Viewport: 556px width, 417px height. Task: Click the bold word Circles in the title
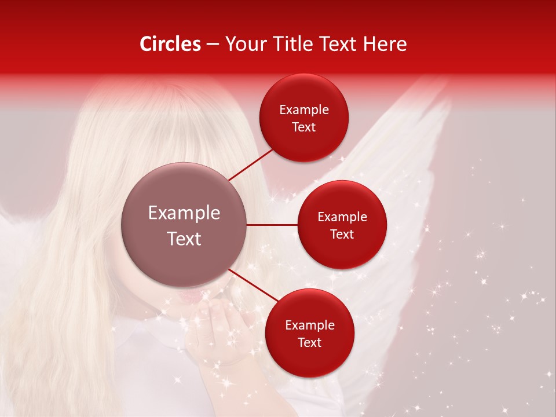[170, 44]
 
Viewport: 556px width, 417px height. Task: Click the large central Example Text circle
[184, 225]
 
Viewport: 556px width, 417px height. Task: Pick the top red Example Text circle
[304, 118]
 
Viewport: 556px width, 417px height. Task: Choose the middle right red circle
[342, 225]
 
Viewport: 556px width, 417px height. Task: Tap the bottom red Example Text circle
[310, 333]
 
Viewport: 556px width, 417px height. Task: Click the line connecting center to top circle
[251, 164]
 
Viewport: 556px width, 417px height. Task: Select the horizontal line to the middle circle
[272, 225]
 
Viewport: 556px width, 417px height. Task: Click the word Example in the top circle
[304, 110]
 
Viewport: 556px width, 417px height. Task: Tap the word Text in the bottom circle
[310, 342]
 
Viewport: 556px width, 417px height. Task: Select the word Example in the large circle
[184, 213]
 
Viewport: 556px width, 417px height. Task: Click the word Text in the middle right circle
[342, 234]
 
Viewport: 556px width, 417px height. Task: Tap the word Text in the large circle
[184, 238]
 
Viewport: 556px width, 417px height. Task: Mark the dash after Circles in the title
[213, 45]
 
